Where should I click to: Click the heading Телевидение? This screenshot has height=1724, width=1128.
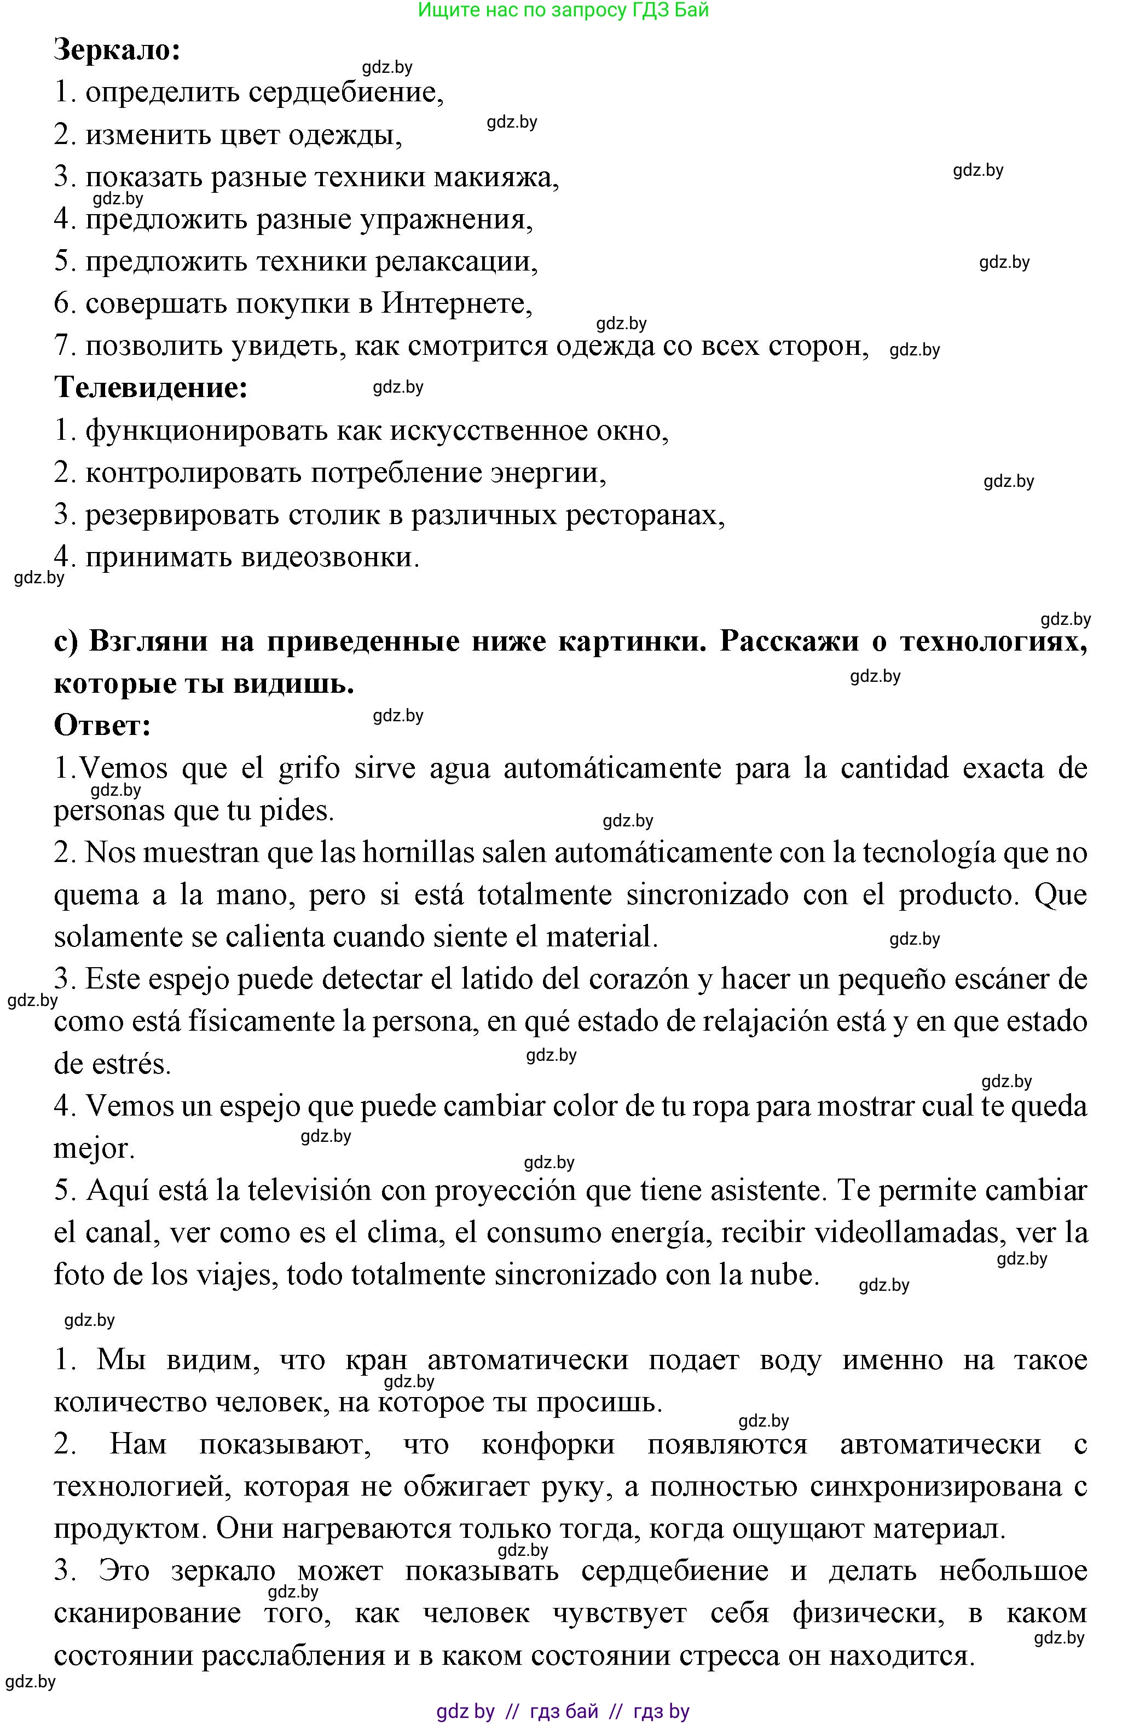(151, 388)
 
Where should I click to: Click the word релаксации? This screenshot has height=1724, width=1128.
(455, 261)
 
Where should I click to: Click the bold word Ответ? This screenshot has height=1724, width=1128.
(102, 725)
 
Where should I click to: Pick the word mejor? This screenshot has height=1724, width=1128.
(94, 1149)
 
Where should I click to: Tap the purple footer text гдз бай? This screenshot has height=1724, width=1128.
(564, 1712)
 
